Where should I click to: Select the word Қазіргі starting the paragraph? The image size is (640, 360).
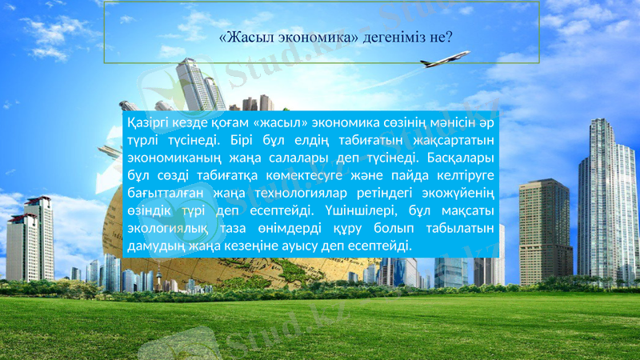[148, 123]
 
